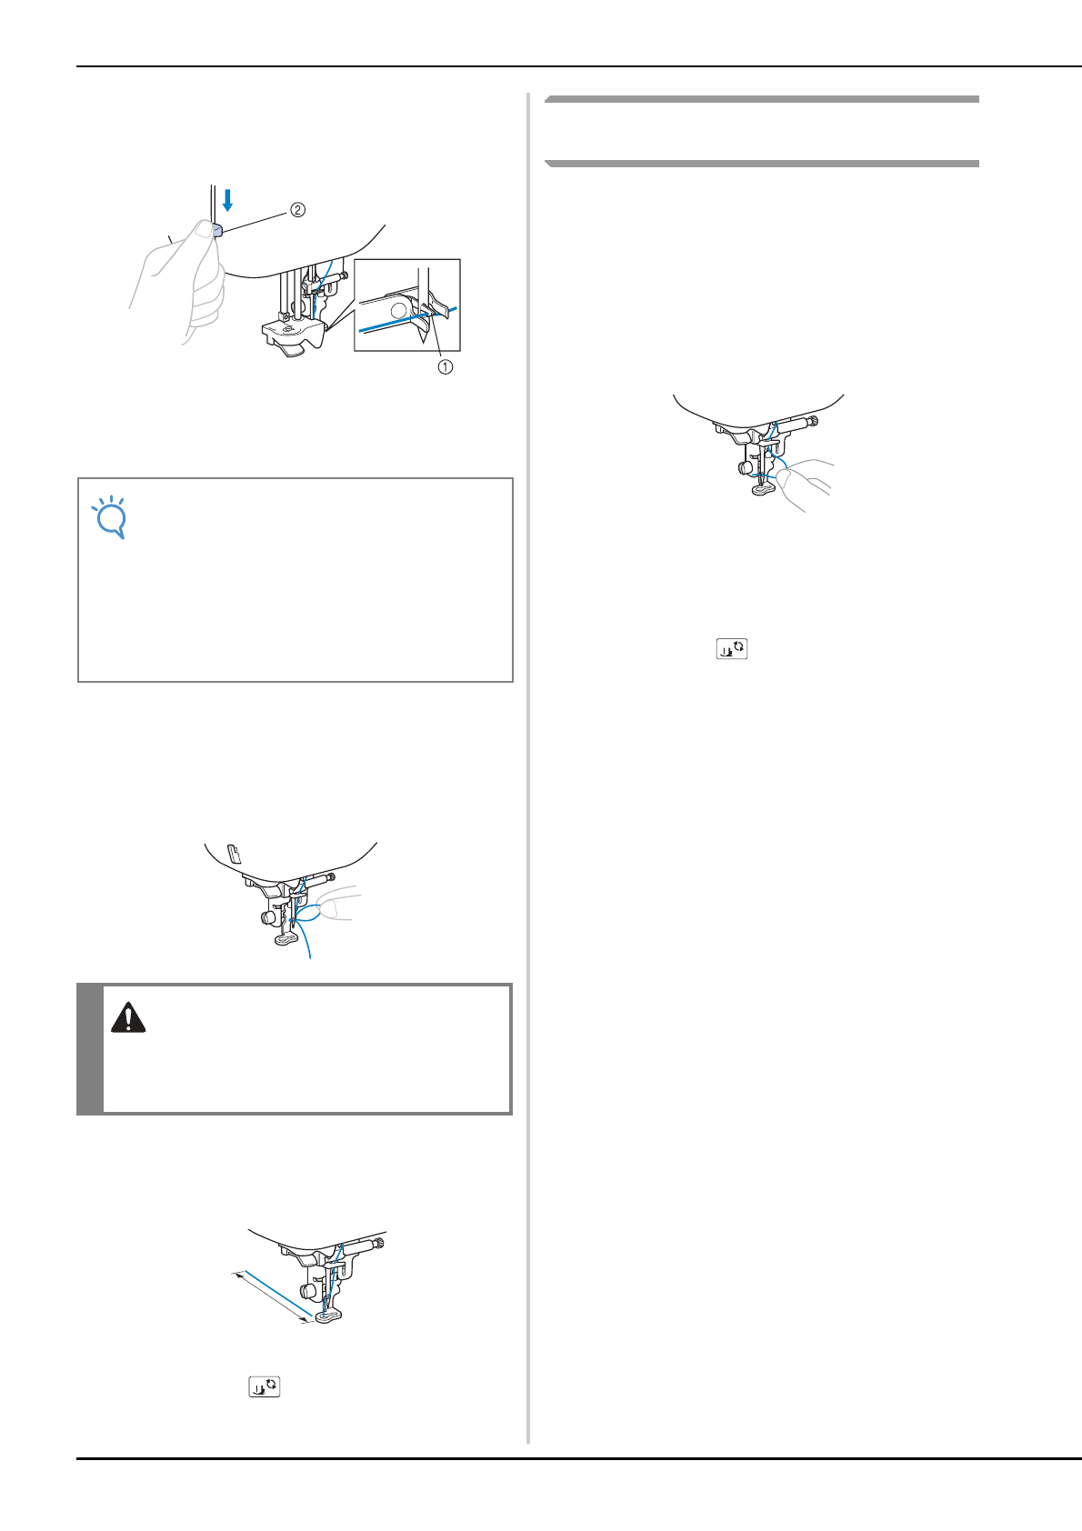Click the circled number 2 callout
(x=298, y=210)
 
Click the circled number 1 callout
(x=445, y=367)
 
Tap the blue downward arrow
(x=227, y=200)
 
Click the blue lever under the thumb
(x=216, y=230)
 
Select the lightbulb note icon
(x=109, y=516)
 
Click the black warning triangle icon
(x=128, y=1017)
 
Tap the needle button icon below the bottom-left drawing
(x=265, y=1386)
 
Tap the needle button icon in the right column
(x=731, y=648)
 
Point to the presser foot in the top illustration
(x=293, y=337)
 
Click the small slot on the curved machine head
(x=233, y=853)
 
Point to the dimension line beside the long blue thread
(x=271, y=1297)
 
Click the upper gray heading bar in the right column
(x=761, y=99)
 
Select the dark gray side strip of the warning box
(x=89, y=1049)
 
